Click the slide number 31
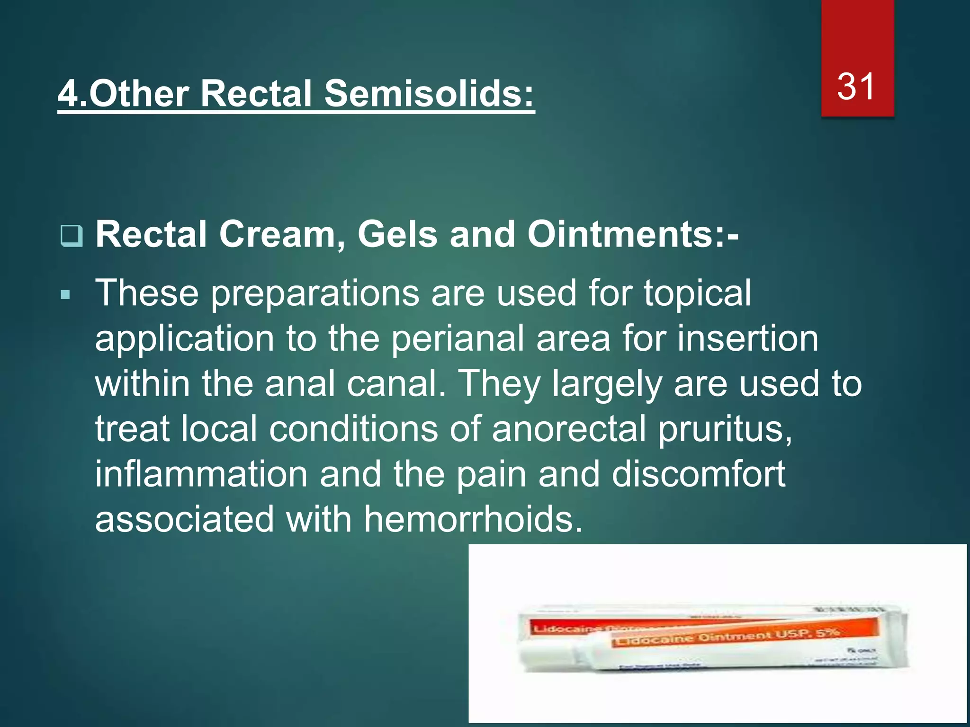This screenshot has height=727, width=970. click(856, 87)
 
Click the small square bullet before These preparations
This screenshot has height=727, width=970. click(65, 296)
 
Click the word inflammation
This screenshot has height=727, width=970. click(201, 474)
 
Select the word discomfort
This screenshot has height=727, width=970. click(698, 474)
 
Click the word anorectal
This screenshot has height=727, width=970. click(569, 429)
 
